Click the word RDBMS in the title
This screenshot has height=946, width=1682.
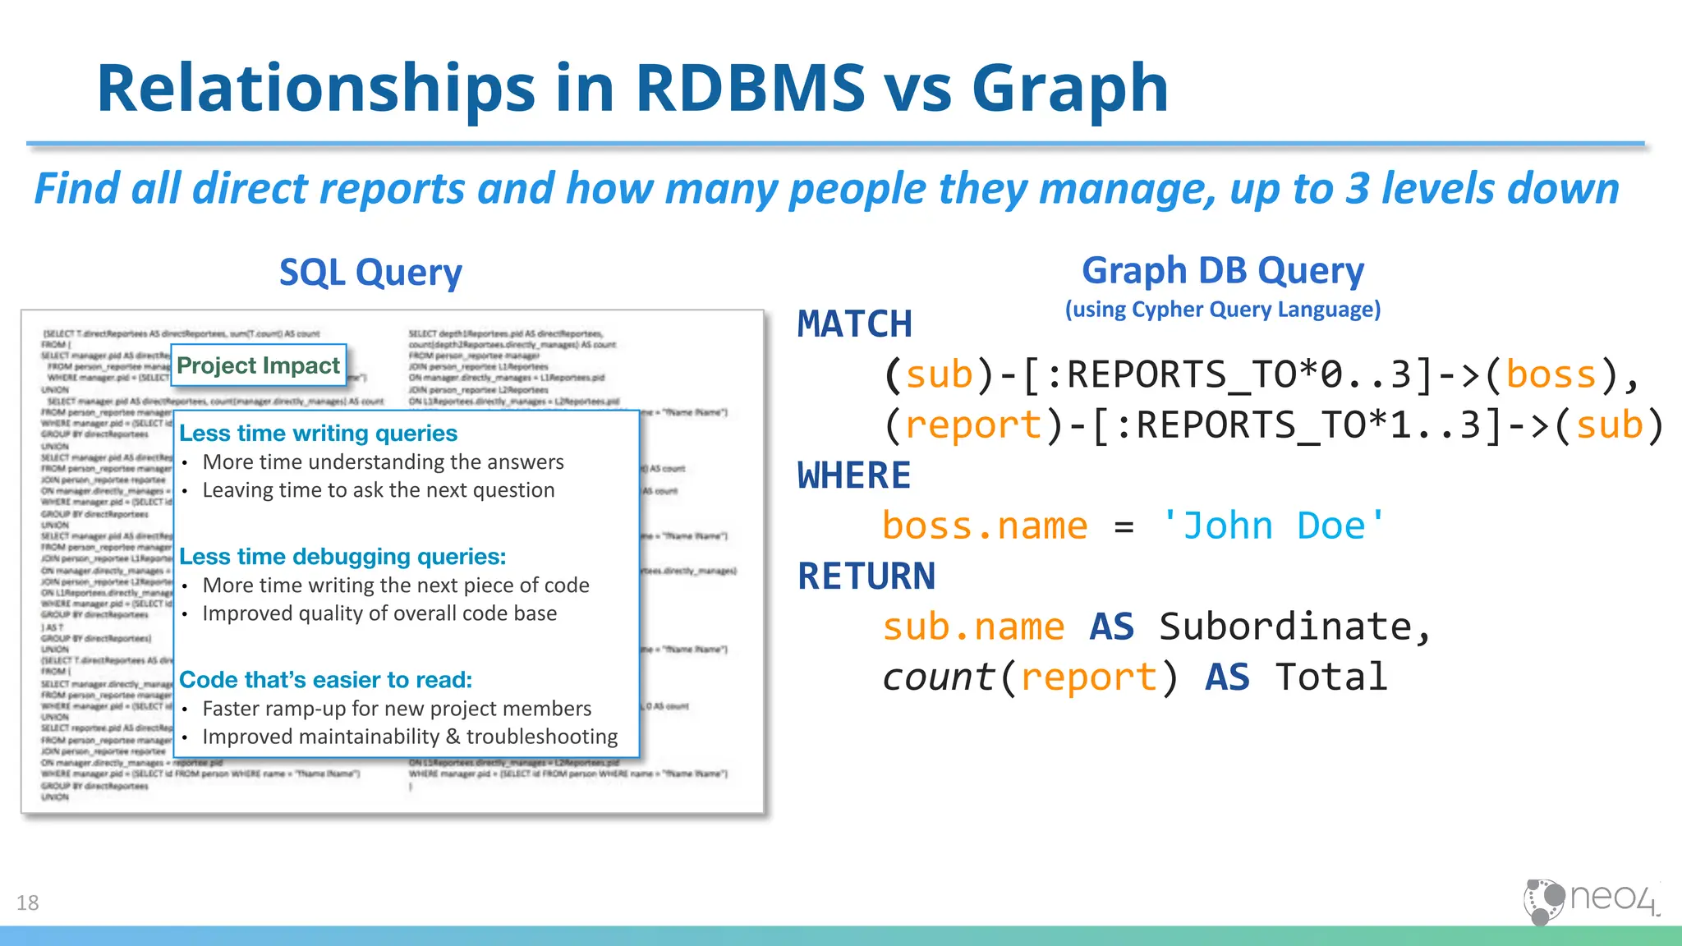click(x=750, y=88)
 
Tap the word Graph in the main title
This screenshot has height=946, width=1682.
click(x=1069, y=88)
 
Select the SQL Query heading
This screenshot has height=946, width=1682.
click(x=370, y=273)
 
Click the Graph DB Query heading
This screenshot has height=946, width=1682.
click(x=1222, y=270)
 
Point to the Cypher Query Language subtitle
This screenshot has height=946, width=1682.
click(x=1222, y=310)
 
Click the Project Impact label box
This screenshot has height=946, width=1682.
click(x=258, y=365)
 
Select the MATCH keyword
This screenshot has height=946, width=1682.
click(x=854, y=324)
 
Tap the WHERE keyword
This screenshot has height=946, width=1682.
click(x=854, y=475)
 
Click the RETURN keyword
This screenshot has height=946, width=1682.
click(x=866, y=576)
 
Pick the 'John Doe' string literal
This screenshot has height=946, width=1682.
click(x=1273, y=526)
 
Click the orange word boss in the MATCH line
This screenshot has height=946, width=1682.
click(x=1551, y=374)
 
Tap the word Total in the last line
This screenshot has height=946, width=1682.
click(x=1330, y=677)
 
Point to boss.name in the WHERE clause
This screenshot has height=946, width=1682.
click(x=984, y=526)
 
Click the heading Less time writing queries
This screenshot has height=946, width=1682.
click(x=318, y=433)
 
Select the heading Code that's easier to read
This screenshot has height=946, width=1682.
click(x=325, y=680)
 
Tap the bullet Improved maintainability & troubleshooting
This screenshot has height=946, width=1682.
click(x=410, y=737)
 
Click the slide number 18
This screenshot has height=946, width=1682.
click(x=27, y=903)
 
